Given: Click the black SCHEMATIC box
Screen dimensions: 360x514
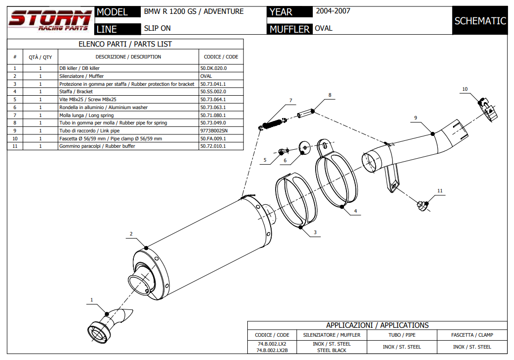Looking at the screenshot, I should click(x=480, y=20).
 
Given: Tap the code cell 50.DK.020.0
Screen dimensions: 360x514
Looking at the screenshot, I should click(x=214, y=68).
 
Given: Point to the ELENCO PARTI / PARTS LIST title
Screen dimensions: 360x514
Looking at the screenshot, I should click(x=125, y=44).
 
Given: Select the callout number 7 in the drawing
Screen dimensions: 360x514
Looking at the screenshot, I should click(x=291, y=101).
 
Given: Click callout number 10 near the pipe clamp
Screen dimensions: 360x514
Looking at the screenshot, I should click(x=464, y=89).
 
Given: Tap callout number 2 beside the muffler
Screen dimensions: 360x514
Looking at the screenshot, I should click(x=131, y=234).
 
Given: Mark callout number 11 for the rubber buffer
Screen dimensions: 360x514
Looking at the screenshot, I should click(x=439, y=190).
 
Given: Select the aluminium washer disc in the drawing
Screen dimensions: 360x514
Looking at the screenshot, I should click(x=304, y=147).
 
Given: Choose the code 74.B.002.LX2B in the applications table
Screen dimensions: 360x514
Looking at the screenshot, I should click(x=272, y=350).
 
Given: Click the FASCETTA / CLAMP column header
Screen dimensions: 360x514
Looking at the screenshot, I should click(x=472, y=335).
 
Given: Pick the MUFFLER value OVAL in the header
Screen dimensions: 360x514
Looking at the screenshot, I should click(x=323, y=28).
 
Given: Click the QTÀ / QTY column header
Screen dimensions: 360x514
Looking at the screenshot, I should click(x=40, y=57).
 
